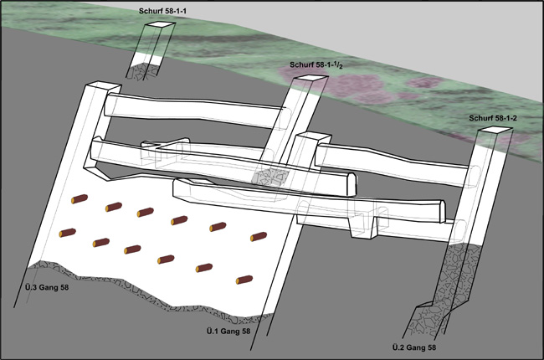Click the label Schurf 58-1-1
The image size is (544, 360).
coord(162,11)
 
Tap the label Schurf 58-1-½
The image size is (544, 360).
coord(316,65)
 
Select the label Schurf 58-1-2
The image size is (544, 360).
coord(493,118)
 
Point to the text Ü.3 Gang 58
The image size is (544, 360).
coord(47,287)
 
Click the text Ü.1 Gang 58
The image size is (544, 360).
coord(228,332)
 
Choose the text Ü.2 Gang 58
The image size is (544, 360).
coord(414,347)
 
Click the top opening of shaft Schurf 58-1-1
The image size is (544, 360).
coord(160,24)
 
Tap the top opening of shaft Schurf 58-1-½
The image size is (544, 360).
coord(310,78)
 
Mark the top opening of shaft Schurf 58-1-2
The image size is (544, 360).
coord(495,130)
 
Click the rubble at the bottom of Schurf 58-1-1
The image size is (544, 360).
coord(142,71)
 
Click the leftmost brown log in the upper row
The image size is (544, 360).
coord(80,199)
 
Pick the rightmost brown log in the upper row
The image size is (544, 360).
coord(259,237)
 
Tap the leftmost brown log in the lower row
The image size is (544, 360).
coord(68,233)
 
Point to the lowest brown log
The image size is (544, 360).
coord(244,280)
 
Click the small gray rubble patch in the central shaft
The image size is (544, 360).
coord(270,177)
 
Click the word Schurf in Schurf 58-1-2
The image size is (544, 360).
coord(480,118)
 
